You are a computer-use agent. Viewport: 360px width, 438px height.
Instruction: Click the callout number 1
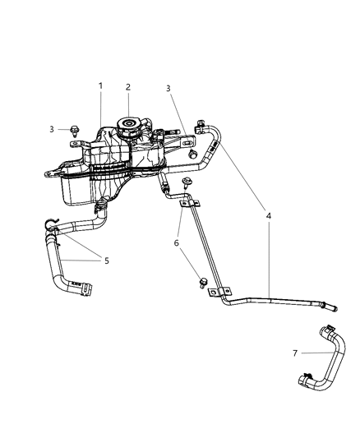(x=100, y=86)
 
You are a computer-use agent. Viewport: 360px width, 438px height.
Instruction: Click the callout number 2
(x=128, y=86)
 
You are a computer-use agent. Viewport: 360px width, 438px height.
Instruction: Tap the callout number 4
(x=270, y=216)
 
